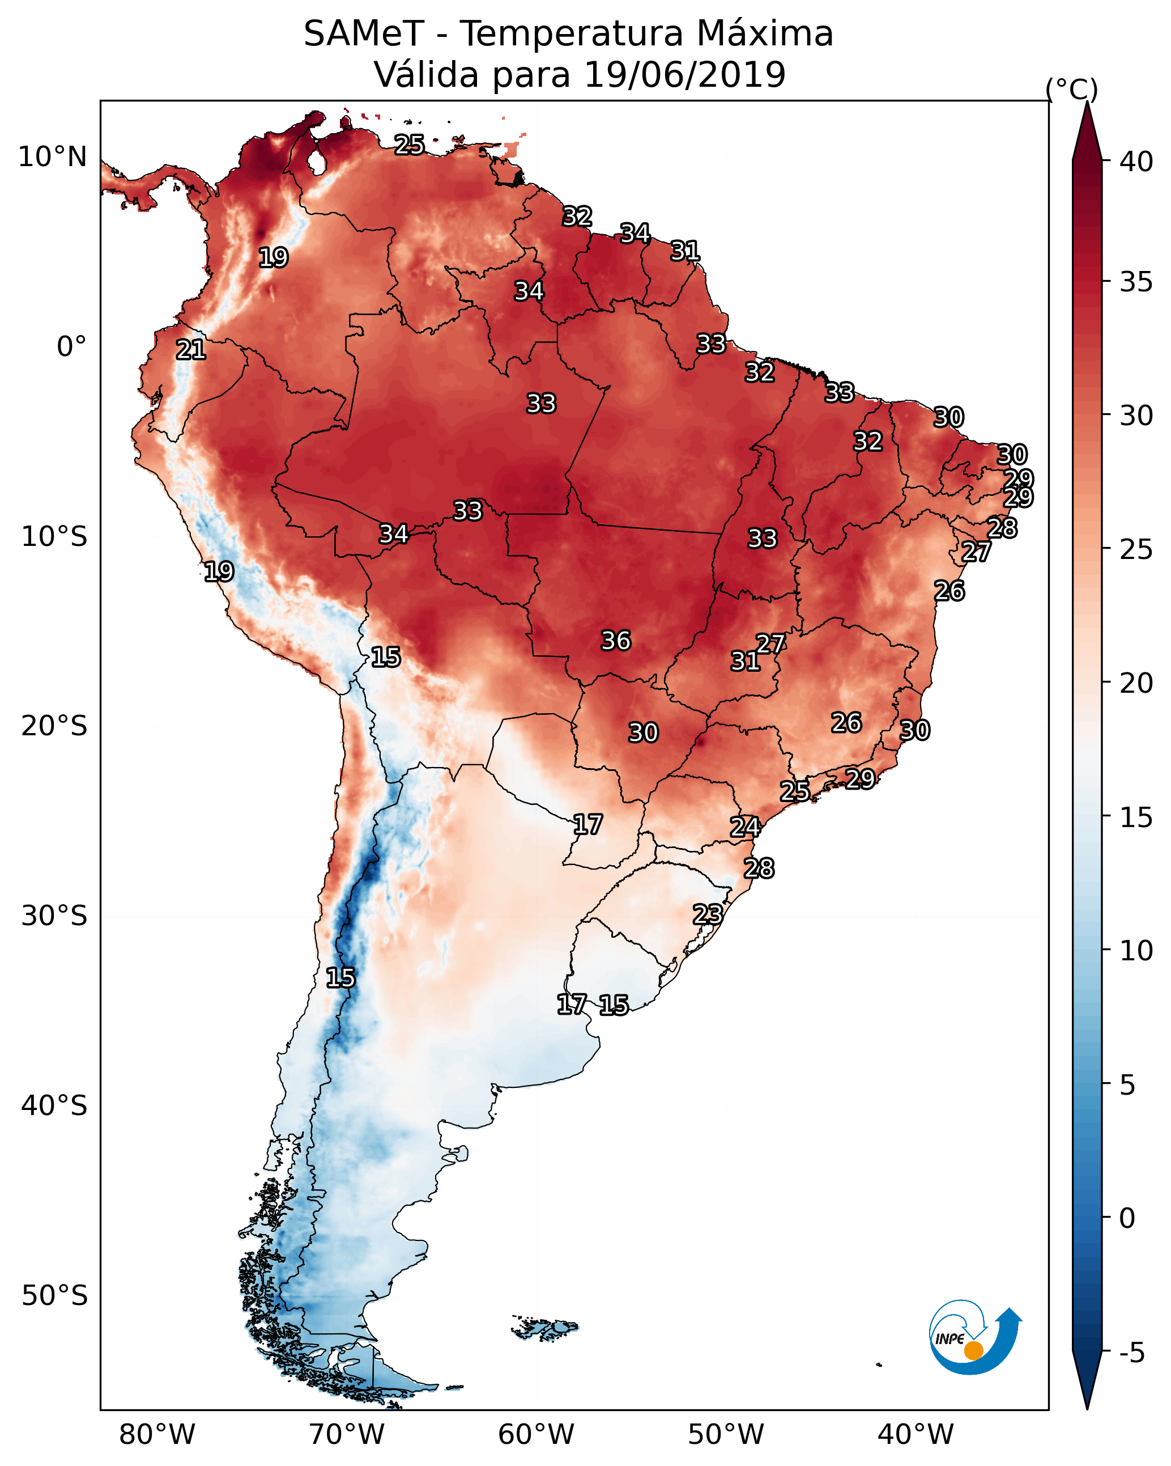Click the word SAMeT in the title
364,34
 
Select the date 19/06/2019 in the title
684,75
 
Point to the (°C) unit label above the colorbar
1071,89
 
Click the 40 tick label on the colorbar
1136,162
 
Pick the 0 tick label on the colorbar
1127,1218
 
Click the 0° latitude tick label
71,347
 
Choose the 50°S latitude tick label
54,1296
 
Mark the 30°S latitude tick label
54,916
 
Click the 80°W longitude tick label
157,1434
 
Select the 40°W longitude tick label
915,1434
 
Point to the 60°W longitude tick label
536,1434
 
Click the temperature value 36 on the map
616,641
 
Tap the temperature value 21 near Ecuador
191,350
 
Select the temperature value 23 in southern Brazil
708,914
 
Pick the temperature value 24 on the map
745,827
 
